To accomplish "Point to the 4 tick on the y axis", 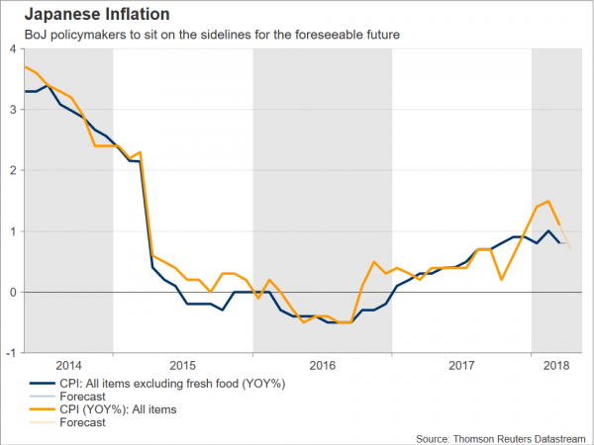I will pyautogui.click(x=13, y=48).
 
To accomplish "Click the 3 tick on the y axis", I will pyautogui.click(x=13, y=109).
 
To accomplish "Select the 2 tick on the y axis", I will pyautogui.click(x=13, y=170).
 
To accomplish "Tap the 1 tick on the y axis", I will pyautogui.click(x=13, y=231).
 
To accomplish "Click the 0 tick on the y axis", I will pyautogui.click(x=13, y=292).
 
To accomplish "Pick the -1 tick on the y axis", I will pyautogui.click(x=11, y=353).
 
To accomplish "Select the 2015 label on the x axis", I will pyautogui.click(x=183, y=365).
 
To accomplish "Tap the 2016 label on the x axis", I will pyautogui.click(x=323, y=365).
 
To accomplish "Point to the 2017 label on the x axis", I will pyautogui.click(x=462, y=365).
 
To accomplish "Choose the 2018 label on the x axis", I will pyautogui.click(x=556, y=365).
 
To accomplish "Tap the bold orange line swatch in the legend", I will pyautogui.click(x=41, y=409).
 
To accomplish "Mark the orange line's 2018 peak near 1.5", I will pyautogui.click(x=547, y=201).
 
